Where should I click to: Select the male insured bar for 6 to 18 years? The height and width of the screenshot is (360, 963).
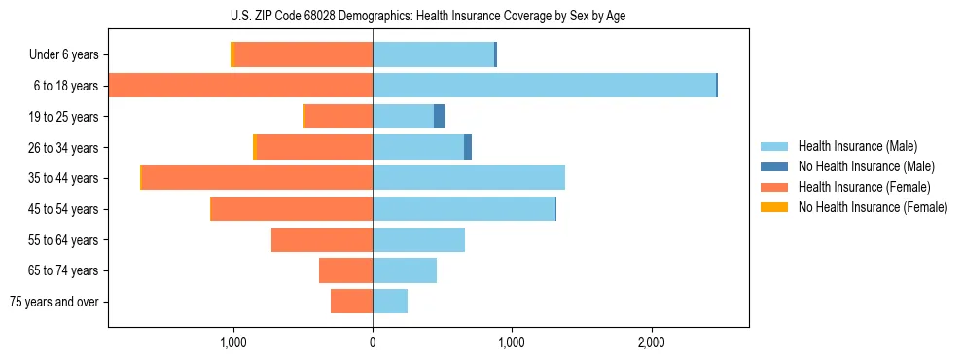pos(544,86)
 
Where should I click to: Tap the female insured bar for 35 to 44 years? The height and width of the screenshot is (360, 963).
pos(258,178)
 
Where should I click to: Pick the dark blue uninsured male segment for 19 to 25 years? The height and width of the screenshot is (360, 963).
pos(439,117)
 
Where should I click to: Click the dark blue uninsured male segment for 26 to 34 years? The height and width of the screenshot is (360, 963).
pos(468,147)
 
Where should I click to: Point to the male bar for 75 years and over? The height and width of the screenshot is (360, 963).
pos(390,302)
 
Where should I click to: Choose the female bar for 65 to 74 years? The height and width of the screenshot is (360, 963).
pos(345,270)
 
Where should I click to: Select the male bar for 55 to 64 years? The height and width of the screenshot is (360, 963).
pos(418,239)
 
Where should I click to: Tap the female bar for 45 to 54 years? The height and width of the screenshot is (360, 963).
pos(292,209)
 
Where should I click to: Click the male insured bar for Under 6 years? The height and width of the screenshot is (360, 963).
pos(433,55)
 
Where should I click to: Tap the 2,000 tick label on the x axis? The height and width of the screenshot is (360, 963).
pos(651,342)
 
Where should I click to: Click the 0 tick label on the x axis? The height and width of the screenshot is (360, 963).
pos(373,342)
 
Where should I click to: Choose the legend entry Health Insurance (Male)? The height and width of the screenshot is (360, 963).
pos(857,146)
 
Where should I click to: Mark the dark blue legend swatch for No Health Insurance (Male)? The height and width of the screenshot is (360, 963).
pos(775,166)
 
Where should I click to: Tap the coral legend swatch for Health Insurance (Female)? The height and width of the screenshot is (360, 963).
pos(775,187)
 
